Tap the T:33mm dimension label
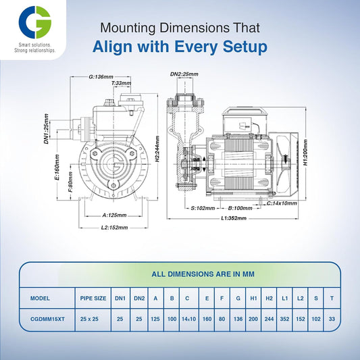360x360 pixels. click(122, 83)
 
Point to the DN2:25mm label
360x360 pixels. click(184, 74)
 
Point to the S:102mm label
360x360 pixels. click(203, 208)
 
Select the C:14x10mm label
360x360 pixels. click(282, 203)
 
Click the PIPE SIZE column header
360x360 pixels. click(93, 297)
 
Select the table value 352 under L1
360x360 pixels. click(286, 319)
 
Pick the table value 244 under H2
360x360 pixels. click(268, 319)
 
